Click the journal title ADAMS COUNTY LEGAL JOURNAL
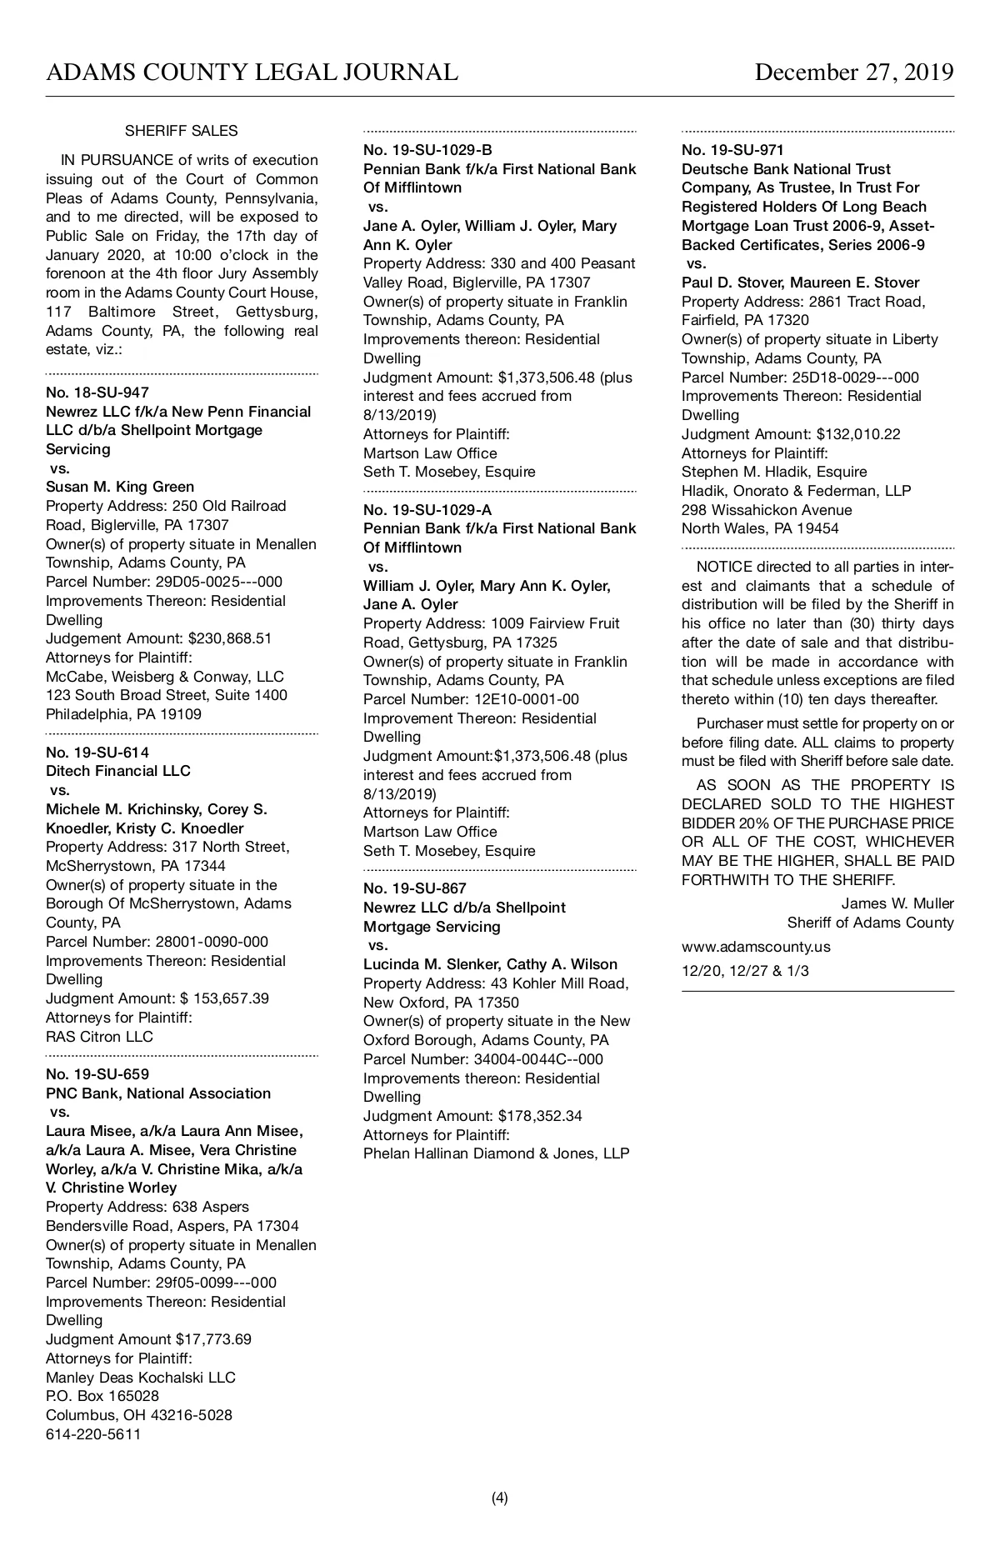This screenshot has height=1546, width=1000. click(x=252, y=73)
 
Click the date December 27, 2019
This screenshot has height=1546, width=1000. click(x=853, y=73)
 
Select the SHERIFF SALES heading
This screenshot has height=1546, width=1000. click(x=181, y=131)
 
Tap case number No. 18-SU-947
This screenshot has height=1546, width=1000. click(x=97, y=393)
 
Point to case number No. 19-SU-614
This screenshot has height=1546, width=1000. click(x=97, y=753)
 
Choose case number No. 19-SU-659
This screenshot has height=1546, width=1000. click(x=97, y=1074)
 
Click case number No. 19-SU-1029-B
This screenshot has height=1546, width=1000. click(x=427, y=151)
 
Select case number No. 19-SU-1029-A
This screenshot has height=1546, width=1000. click(x=427, y=510)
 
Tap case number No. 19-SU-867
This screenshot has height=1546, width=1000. click(x=415, y=888)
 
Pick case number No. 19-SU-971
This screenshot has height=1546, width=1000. click(x=732, y=151)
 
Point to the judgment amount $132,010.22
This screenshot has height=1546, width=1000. click(x=858, y=434)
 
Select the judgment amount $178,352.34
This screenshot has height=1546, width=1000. click(x=540, y=1116)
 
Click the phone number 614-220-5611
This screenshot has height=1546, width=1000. click(x=93, y=1434)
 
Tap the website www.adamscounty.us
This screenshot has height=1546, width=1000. click(x=756, y=947)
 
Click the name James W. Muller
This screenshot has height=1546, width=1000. click(x=897, y=903)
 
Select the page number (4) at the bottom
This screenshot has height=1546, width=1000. click(x=499, y=1498)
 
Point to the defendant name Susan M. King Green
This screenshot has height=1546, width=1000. click(x=120, y=487)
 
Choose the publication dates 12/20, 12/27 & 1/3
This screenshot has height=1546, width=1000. click(x=745, y=971)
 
